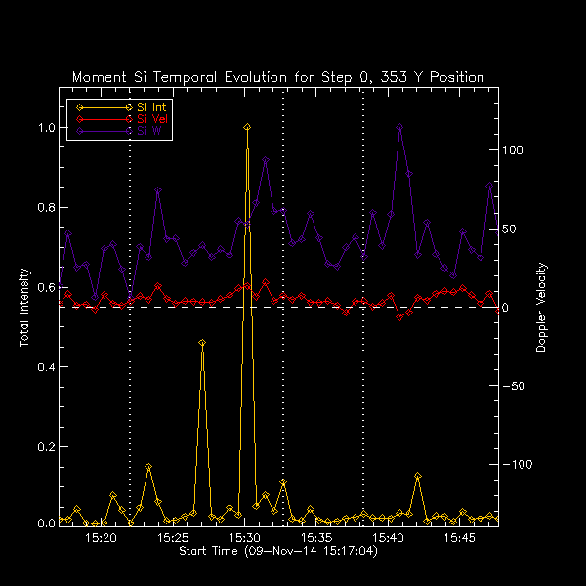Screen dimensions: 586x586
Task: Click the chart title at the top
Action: click(x=278, y=77)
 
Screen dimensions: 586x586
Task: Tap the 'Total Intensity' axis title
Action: click(x=23, y=308)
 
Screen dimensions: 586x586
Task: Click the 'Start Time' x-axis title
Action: click(x=278, y=552)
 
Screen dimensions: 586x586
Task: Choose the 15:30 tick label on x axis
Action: click(x=244, y=538)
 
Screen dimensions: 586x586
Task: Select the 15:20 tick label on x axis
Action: click(x=101, y=538)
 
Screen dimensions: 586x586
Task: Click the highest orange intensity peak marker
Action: click(x=247, y=127)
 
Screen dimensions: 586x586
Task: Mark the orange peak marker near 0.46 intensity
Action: click(x=202, y=343)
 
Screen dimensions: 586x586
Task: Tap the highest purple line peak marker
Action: click(x=399, y=127)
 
